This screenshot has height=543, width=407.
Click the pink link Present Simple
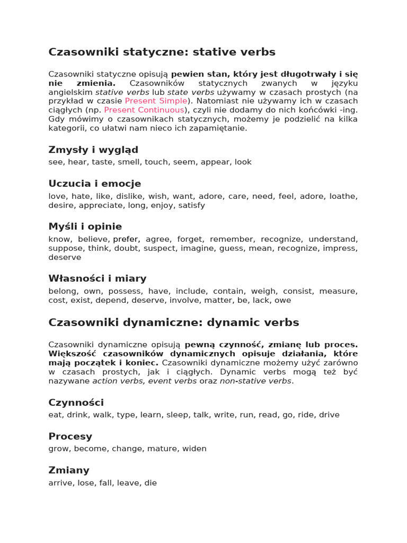156,101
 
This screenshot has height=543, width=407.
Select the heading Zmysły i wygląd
93,150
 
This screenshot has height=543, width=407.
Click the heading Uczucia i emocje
95,184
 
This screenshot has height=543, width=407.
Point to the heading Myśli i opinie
85,227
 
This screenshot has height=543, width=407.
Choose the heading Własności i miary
98,279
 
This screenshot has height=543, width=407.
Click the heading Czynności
76,402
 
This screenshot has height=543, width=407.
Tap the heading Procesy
70,436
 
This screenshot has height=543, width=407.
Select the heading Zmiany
69,470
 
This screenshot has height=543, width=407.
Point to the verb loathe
343,196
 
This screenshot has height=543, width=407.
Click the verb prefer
126,239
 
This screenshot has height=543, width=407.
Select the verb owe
282,300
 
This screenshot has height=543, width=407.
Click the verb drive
329,415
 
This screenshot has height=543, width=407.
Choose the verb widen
194,449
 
